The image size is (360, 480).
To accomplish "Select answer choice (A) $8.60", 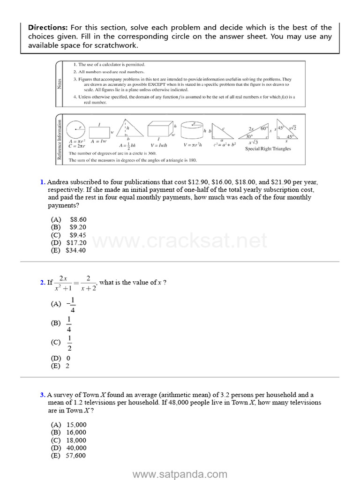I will (69, 219).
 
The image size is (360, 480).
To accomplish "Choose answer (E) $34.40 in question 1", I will (68, 250).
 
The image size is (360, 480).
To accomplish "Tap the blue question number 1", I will (42, 182).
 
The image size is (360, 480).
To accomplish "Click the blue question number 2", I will (42, 283).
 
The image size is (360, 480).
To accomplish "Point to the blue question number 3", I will (42, 395).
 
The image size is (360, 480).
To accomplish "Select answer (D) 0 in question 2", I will (60, 358).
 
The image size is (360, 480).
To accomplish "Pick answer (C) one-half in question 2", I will (63, 342).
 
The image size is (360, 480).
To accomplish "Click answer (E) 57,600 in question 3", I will (68, 455).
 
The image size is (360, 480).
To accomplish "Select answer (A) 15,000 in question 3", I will (68, 425).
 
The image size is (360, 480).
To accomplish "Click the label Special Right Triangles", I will (268, 149).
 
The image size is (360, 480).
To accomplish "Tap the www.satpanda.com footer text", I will (180, 474).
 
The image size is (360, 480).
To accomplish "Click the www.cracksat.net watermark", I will (180, 241).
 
